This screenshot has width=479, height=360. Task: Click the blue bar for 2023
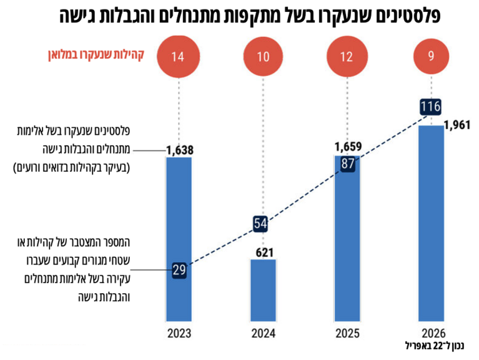point(179,237)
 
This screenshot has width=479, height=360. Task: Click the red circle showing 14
point(179,57)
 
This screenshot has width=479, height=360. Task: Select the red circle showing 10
point(263,57)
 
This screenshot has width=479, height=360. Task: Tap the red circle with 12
point(347,57)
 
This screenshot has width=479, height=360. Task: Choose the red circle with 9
point(431,57)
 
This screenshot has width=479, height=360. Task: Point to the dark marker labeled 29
point(179,271)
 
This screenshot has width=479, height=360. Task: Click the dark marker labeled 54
point(262,223)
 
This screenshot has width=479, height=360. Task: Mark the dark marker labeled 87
point(347,163)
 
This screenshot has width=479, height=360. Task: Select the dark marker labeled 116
point(431,106)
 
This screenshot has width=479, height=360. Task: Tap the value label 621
point(263,251)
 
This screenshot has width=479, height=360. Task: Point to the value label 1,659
point(348,147)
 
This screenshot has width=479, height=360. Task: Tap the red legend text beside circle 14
point(95,56)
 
